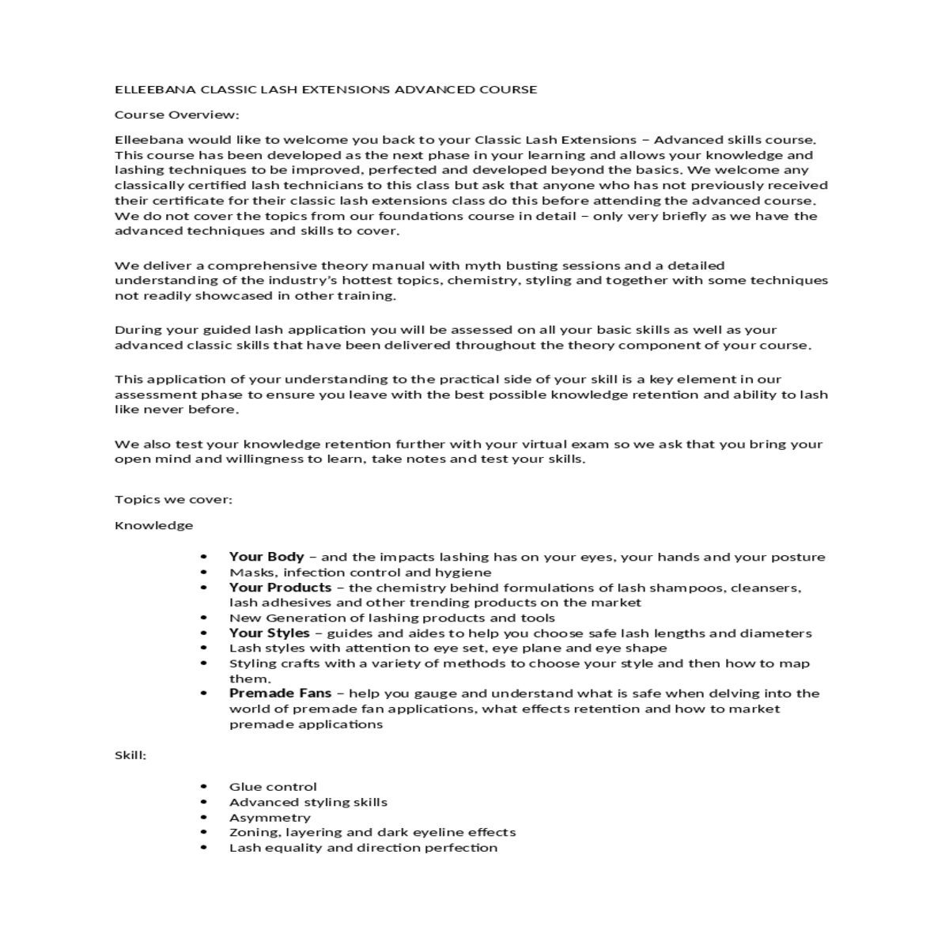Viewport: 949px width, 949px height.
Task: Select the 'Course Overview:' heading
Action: tap(176, 115)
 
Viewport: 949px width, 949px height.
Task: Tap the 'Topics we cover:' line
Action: tap(173, 499)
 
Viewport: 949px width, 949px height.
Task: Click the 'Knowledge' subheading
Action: tap(153, 525)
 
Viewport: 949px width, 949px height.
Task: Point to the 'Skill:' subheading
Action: tap(130, 755)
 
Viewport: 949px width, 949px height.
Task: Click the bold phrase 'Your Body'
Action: tap(267, 557)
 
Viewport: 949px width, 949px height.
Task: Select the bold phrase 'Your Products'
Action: tap(280, 588)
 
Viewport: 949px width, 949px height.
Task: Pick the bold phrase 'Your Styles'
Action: tap(269, 633)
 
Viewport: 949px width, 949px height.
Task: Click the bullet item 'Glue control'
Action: tap(273, 787)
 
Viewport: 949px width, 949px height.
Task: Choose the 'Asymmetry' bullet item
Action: tap(270, 818)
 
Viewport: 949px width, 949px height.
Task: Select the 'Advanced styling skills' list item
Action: tap(308, 802)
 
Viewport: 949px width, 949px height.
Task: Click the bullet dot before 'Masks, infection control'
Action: tap(204, 573)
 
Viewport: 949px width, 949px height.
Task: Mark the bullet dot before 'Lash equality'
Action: tap(204, 848)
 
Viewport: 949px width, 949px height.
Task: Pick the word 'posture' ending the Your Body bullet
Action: tap(800, 558)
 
